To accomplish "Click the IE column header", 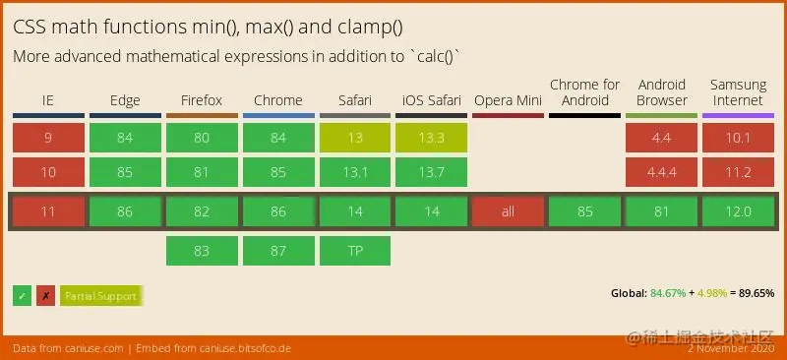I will tap(48, 100).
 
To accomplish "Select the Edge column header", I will tap(125, 100).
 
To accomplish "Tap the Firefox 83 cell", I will tap(202, 251).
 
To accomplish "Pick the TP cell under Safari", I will tap(355, 251).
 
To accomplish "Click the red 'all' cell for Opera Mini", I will tap(508, 211).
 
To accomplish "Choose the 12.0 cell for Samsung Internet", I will tap(739, 211).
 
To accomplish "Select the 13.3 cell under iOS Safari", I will tap(432, 138).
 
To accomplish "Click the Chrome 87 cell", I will tap(278, 251).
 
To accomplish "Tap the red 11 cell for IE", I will tap(48, 211).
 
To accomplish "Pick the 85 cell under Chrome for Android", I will tap(584, 211).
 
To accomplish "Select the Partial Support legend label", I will tap(100, 295).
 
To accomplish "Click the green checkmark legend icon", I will tap(22, 295).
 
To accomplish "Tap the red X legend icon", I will tap(45, 295).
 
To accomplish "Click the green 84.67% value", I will tap(669, 293).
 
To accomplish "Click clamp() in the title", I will tap(362, 28).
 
